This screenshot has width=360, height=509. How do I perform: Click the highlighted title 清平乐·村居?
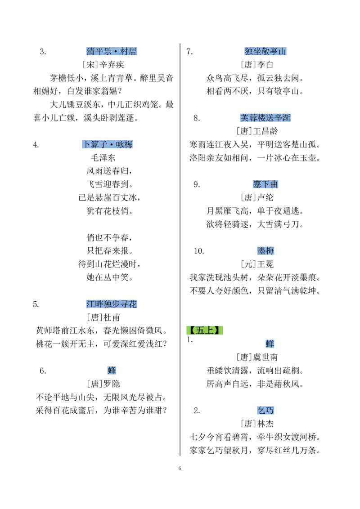tap(112, 51)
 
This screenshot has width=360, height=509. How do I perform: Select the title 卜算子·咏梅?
tap(107, 144)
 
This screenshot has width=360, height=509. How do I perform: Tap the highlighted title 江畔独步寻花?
tap(112, 304)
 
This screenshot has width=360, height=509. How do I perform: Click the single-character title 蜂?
tap(112, 371)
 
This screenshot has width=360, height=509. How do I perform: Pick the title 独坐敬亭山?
tap(265, 51)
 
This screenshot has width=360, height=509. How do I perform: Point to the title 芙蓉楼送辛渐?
tap(265, 118)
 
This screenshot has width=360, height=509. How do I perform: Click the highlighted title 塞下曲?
tap(265, 184)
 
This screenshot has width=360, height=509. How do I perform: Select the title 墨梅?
tap(265, 251)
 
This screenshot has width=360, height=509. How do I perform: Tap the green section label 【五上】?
tap(205, 330)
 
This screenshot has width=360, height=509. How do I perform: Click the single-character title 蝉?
tap(270, 344)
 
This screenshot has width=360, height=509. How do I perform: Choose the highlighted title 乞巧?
tap(265, 411)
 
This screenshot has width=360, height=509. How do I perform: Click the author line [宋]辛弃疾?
tap(103, 65)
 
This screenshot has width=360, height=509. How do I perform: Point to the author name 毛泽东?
tap(103, 158)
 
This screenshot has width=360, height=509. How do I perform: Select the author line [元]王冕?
tap(257, 264)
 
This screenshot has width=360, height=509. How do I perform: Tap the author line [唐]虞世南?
tap(257, 357)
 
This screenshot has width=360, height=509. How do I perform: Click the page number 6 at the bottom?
tap(180, 469)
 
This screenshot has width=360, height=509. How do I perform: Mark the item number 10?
tap(199, 251)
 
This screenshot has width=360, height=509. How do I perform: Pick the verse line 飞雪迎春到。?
tap(109, 184)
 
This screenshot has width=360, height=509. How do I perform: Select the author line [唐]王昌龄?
tap(257, 131)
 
